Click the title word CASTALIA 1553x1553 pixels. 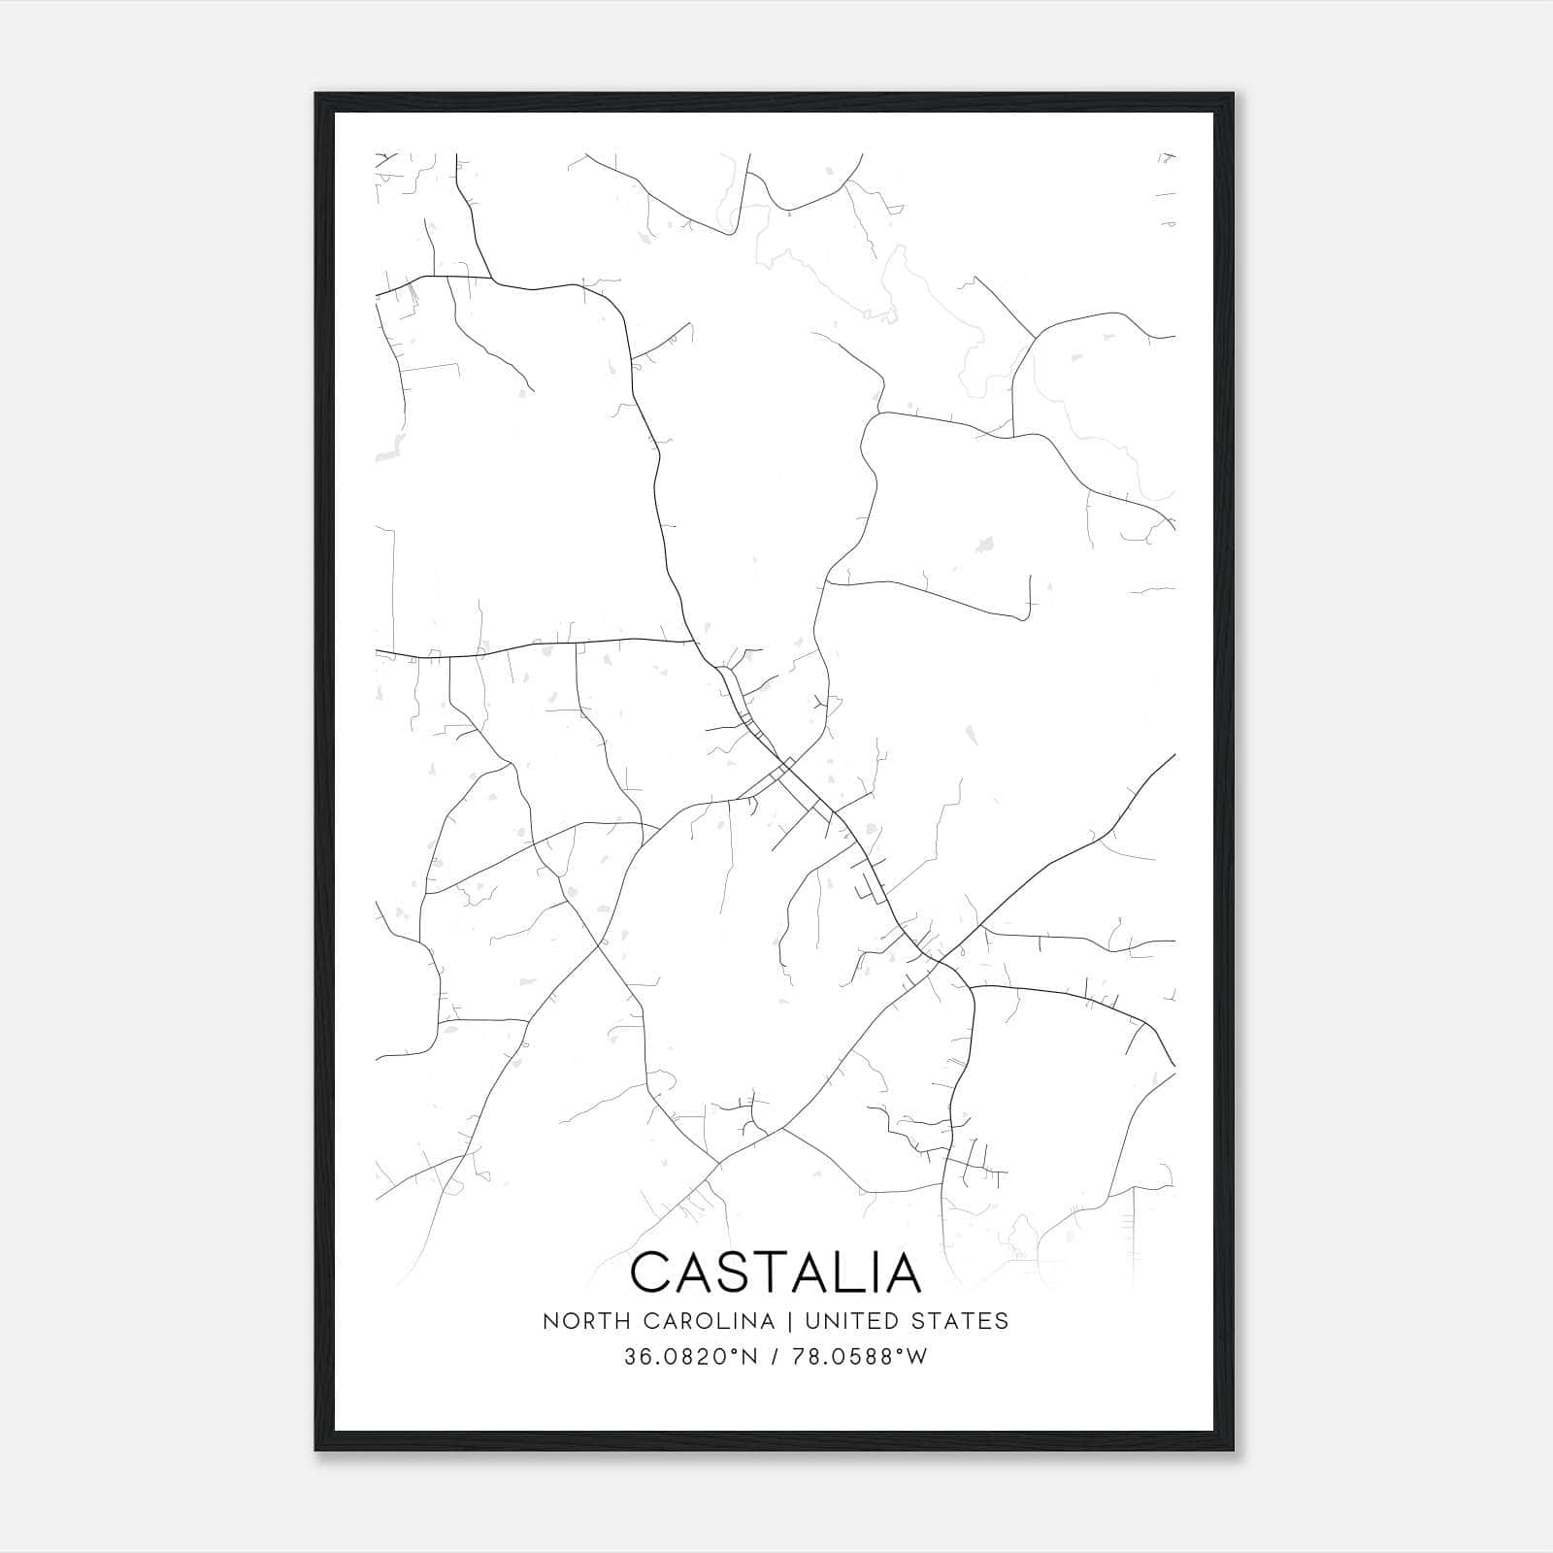click(776, 1272)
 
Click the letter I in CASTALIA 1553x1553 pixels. click(883, 1272)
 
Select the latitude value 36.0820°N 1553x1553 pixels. click(686, 1357)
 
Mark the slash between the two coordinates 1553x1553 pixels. click(775, 1357)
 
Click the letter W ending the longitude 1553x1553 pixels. click(917, 1357)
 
